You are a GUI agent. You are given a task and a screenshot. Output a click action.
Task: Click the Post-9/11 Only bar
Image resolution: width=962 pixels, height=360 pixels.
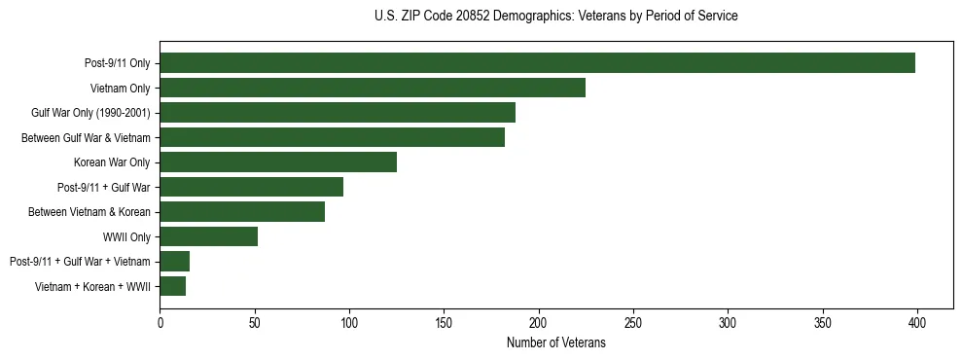click(537, 63)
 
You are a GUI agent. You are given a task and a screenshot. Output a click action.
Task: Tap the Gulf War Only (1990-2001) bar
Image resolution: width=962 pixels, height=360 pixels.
click(338, 113)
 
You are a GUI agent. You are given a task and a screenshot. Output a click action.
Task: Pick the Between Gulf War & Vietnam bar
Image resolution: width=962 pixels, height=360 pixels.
click(332, 137)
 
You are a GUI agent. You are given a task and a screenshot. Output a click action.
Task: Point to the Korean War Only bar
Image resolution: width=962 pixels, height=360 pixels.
click(278, 162)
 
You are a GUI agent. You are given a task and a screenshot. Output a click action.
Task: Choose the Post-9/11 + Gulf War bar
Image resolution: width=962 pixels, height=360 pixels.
click(251, 187)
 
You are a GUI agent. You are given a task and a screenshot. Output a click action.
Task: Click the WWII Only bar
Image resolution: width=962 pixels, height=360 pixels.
click(208, 236)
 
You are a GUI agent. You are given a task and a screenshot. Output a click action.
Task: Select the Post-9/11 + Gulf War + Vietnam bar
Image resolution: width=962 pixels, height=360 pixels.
click(174, 261)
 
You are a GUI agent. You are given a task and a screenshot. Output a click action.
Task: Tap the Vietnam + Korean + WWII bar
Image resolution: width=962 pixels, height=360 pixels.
click(172, 286)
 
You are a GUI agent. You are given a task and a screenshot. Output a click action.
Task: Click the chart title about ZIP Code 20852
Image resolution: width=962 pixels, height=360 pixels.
click(555, 17)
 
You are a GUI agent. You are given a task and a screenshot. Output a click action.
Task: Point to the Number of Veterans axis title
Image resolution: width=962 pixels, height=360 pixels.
click(555, 343)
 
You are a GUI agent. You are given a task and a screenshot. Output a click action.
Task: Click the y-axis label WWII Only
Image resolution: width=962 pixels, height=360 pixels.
click(125, 236)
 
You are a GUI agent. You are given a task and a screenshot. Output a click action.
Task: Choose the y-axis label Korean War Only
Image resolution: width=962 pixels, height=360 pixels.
click(112, 162)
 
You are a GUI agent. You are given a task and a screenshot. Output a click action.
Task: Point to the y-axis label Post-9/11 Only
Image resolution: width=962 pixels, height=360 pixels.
click(117, 63)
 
